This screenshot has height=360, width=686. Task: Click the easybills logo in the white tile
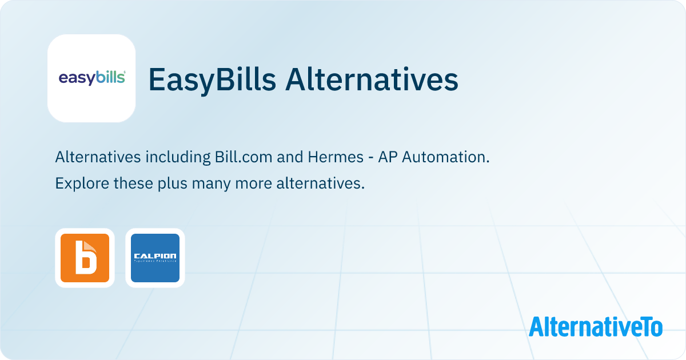(x=91, y=78)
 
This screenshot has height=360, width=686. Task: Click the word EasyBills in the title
(x=212, y=80)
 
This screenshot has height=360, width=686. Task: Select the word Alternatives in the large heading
(x=372, y=80)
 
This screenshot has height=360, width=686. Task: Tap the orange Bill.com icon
(x=85, y=258)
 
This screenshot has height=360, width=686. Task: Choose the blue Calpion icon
(x=155, y=258)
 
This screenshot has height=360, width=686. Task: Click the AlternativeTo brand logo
(x=596, y=327)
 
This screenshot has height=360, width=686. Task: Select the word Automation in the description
(x=445, y=157)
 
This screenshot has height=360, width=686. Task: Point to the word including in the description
(x=178, y=157)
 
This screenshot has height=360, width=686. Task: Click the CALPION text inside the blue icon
(x=155, y=256)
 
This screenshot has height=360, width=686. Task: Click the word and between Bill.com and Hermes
(x=289, y=157)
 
